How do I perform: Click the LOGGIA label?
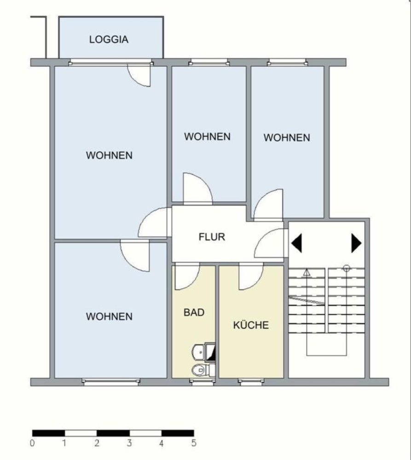point(109,40)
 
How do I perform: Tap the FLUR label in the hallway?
point(212,237)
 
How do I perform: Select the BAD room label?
point(194,312)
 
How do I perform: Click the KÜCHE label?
point(251,325)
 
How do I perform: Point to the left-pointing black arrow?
point(296,243)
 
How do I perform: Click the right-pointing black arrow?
point(356,243)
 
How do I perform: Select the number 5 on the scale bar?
point(194,444)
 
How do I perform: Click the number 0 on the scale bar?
point(32,444)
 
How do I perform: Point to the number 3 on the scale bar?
point(129,444)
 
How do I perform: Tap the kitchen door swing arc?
point(249,277)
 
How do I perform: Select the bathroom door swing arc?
point(186,277)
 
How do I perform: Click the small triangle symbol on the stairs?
point(307,272)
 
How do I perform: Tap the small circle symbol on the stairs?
point(347,268)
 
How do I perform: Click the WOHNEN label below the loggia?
point(109,155)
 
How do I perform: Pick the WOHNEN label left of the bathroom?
point(109,316)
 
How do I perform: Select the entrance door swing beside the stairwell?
point(269,244)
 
